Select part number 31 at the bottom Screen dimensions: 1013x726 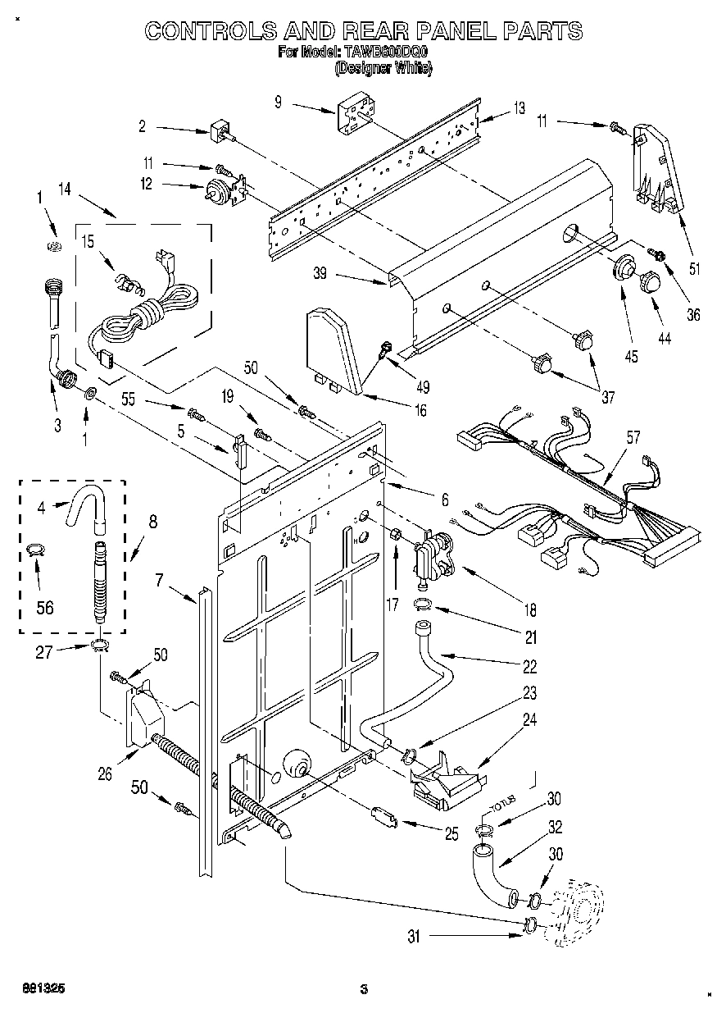click(x=414, y=936)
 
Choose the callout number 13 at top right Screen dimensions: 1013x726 click(x=519, y=107)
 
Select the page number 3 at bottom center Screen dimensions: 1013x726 click(x=362, y=988)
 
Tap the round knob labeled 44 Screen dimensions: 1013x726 click(x=651, y=281)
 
